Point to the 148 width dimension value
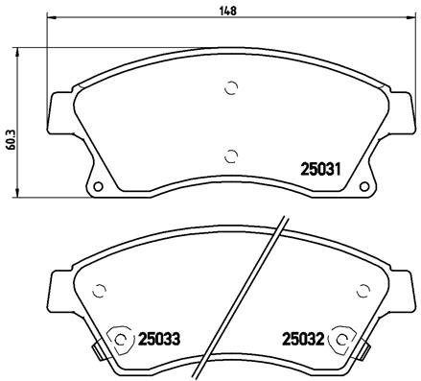(227, 11)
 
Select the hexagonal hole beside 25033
(119, 339)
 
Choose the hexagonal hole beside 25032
(339, 339)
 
